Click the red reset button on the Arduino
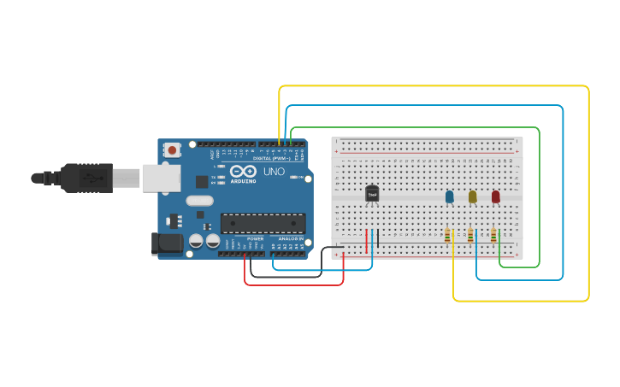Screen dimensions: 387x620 (x=172, y=150)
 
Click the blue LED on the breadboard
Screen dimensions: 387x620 (x=450, y=196)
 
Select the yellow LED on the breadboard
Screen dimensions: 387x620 (x=472, y=196)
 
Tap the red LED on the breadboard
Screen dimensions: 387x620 (x=495, y=196)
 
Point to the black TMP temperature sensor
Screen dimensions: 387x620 (x=372, y=195)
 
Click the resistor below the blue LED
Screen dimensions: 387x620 (x=447, y=235)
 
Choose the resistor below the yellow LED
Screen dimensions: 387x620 (x=470, y=235)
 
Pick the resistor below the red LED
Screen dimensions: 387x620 (x=493, y=235)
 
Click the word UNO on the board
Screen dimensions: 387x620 (x=274, y=172)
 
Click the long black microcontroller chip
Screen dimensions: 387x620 (x=263, y=224)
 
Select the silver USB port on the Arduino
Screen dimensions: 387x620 (x=161, y=178)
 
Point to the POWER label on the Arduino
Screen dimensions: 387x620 (x=255, y=238)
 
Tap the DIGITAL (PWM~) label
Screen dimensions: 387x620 (x=272, y=158)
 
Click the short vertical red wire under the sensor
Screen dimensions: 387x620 (x=367, y=241)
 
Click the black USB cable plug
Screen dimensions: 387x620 (x=86, y=178)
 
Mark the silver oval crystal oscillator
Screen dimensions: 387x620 (x=198, y=202)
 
